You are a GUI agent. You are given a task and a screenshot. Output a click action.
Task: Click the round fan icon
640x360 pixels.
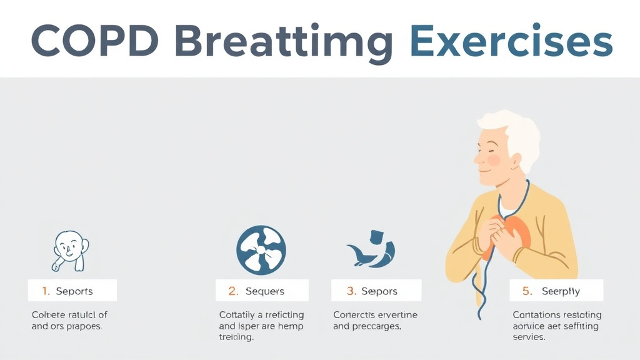261,249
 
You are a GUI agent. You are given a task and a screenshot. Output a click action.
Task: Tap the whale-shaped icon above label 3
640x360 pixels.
372,251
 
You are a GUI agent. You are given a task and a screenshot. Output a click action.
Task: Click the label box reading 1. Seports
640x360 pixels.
72,291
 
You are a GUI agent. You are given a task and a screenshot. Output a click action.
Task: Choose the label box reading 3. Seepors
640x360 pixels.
376,291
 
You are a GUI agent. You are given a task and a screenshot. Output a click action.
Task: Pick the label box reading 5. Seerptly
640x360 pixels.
556,291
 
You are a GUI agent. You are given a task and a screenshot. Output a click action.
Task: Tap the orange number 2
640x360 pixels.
233,291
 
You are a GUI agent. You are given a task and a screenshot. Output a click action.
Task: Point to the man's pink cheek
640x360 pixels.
494,160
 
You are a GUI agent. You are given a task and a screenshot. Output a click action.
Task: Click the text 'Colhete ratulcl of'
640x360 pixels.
69,314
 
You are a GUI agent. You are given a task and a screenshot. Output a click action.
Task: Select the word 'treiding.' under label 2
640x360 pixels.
236,337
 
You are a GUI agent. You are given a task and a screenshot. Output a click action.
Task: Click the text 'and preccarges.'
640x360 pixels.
367,326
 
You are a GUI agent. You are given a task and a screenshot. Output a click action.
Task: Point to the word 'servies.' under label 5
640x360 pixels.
529,337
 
